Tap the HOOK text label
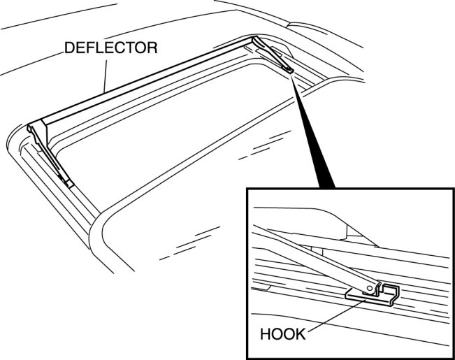(x=282, y=333)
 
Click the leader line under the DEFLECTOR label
(x=105, y=73)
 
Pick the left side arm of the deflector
(x=52, y=154)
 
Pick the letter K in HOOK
(x=301, y=333)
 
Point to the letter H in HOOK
(x=265, y=333)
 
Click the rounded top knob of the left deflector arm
(x=32, y=129)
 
